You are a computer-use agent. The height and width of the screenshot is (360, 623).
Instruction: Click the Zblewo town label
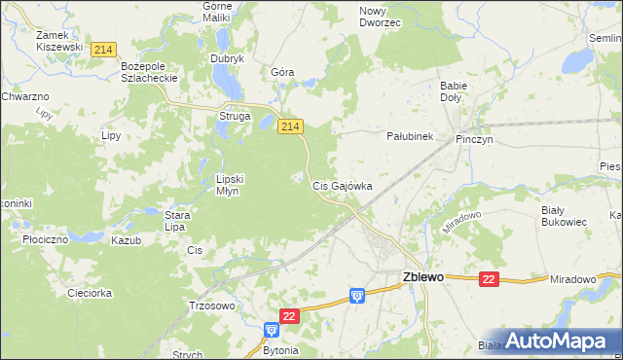pyautogui.click(x=422, y=276)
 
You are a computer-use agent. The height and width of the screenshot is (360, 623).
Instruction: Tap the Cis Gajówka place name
pyautogui.click(x=341, y=185)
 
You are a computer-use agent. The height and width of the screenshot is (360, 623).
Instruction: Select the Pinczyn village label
pyautogui.click(x=473, y=139)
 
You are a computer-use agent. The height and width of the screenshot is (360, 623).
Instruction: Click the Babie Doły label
pyautogui.click(x=454, y=91)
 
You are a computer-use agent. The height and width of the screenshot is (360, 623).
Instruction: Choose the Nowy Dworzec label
pyautogui.click(x=380, y=17)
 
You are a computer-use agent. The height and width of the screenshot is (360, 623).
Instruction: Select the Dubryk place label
pyautogui.click(x=227, y=58)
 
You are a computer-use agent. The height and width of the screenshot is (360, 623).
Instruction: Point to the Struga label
pyautogui.click(x=235, y=117)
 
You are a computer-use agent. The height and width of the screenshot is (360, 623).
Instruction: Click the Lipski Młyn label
pyautogui.click(x=235, y=185)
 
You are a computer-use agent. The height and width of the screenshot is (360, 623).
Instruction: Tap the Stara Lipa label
pyautogui.click(x=175, y=221)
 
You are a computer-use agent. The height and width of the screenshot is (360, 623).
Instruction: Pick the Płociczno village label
pyautogui.click(x=43, y=238)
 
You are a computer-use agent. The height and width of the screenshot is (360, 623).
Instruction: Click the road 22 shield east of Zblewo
pyautogui.click(x=489, y=279)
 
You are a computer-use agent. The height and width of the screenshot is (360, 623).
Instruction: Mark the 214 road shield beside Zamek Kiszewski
pyautogui.click(x=102, y=49)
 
